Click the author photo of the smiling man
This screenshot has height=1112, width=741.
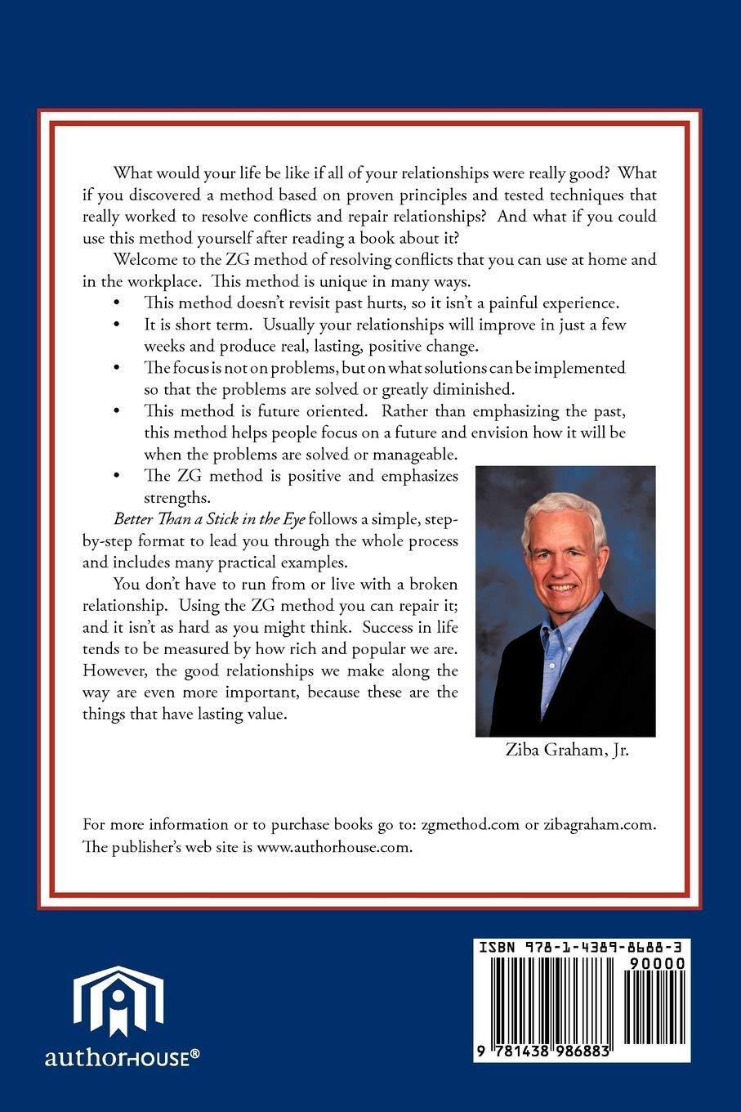(x=565, y=601)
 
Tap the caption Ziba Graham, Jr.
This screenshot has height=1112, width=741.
(x=566, y=751)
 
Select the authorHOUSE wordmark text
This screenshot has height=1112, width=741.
(x=122, y=1058)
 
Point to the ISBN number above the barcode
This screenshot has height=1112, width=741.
(x=581, y=948)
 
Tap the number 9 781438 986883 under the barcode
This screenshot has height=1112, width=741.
(x=547, y=1052)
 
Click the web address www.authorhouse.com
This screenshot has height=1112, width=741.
(x=334, y=847)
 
